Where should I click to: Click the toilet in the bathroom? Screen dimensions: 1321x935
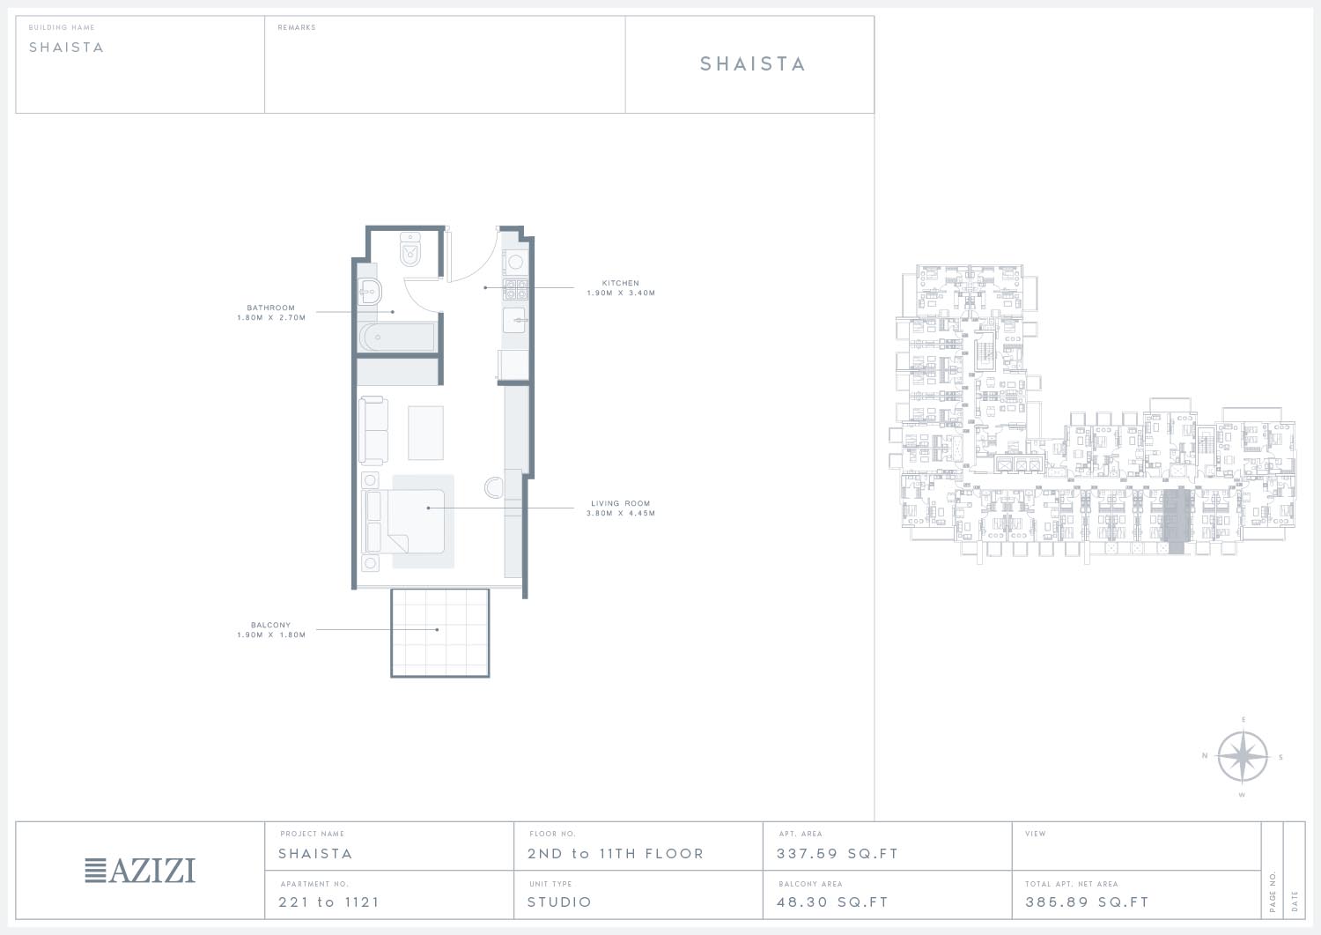coord(410,249)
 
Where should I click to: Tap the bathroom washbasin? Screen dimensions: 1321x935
coord(370,293)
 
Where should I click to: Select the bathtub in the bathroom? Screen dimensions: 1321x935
coord(397,337)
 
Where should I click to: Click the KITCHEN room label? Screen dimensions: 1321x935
coord(620,284)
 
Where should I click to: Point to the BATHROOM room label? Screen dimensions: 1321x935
coord(270,308)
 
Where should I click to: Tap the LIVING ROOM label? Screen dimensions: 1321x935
coord(620,503)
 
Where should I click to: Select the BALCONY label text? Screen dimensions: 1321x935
coord(270,625)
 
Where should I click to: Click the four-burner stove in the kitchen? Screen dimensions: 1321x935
coord(515,290)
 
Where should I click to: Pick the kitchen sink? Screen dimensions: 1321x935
coord(514,320)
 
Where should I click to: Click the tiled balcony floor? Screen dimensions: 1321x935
coord(440,633)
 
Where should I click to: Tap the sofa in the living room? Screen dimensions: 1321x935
coord(373,431)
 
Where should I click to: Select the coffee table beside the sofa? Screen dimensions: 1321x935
coord(425,433)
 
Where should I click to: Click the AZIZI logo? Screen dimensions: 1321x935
coord(140,871)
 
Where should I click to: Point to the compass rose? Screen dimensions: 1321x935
coord(1243,757)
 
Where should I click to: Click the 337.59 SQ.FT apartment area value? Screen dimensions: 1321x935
coord(838,854)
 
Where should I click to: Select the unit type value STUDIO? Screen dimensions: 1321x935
coord(559,902)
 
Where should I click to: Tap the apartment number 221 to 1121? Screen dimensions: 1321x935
coord(329,902)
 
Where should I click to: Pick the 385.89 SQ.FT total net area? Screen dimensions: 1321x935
coord(1087,902)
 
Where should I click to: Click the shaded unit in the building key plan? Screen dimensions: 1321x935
coord(1176,521)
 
